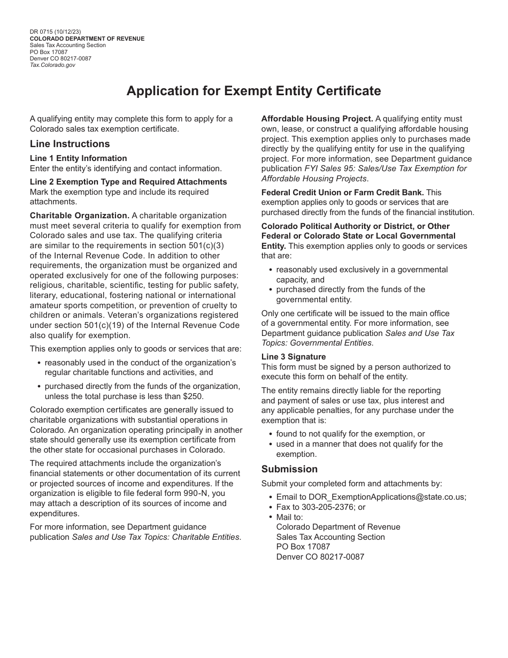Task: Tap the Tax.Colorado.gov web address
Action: coord(52,65)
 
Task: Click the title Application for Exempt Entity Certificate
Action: coord(253,91)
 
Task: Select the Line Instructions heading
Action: coord(70,144)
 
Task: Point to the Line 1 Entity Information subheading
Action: coord(78,158)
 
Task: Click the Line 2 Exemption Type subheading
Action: coord(128,182)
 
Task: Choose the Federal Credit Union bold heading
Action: coord(342,192)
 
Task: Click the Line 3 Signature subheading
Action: coord(293,357)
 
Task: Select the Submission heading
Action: coord(289,469)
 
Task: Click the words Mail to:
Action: coord(289,517)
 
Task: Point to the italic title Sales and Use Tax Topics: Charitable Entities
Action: coord(156,537)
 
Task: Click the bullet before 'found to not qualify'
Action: coord(271,434)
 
